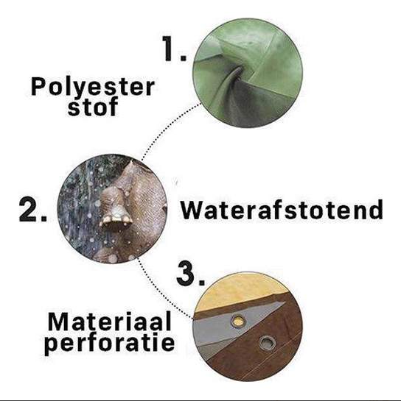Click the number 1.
(174, 48)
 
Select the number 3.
(191, 274)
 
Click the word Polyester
(92, 88)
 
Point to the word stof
(93, 106)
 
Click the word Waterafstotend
(282, 210)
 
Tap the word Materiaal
(109, 322)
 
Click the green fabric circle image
(248, 73)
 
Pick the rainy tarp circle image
(112, 208)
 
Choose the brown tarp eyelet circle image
(248, 327)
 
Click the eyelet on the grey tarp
(238, 320)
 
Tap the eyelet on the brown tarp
(268, 344)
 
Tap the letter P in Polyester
(38, 86)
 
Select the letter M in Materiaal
(58, 322)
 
